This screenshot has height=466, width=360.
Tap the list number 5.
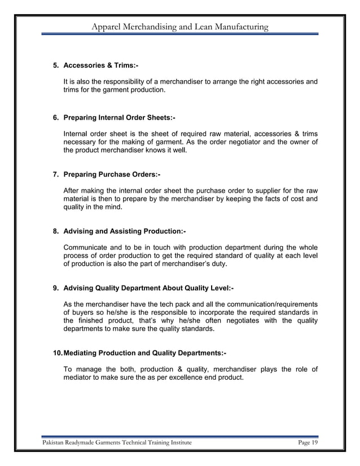click(x=55, y=66)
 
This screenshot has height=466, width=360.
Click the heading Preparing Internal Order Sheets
click(x=119, y=117)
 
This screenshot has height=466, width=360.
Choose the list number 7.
click(x=55, y=174)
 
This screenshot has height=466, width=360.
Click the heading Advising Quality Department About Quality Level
click(x=148, y=288)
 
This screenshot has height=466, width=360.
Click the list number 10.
click(x=57, y=353)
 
